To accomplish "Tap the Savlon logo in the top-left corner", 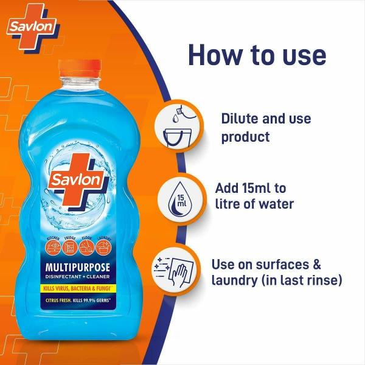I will [33, 27].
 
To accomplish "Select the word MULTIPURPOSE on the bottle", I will [81, 266].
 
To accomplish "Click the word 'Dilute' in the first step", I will [240, 118].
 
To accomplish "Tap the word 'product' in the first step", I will [245, 137].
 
